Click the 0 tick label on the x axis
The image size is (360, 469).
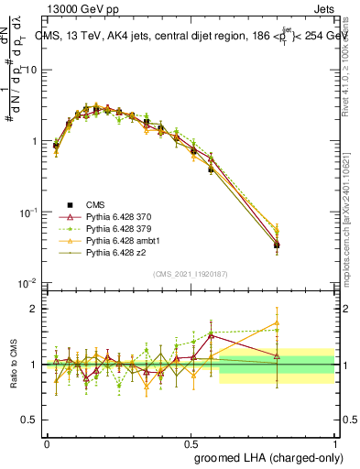(47, 441)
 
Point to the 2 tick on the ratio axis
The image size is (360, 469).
(33, 309)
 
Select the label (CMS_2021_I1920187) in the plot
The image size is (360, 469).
(190, 274)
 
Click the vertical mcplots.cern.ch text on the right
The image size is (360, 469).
(351, 220)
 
